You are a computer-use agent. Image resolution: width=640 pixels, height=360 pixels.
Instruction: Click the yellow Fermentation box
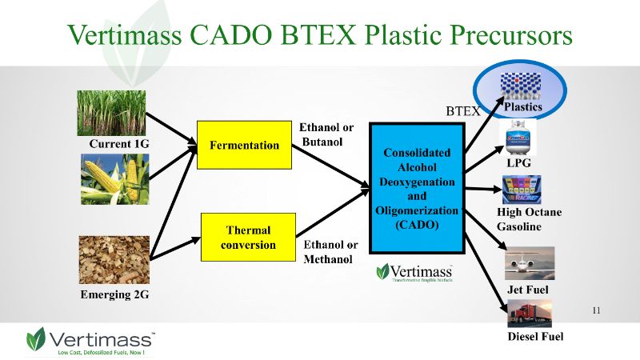244,145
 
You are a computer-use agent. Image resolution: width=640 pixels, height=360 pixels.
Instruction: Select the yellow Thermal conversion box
244,237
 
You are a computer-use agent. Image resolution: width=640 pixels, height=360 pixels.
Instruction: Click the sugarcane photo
113,112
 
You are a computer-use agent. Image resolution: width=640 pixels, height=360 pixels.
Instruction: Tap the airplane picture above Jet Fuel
529,263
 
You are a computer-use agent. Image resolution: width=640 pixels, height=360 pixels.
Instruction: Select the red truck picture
529,312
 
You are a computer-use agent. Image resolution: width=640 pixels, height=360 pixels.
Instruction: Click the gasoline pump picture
521,190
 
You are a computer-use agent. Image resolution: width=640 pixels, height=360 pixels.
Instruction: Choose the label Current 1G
119,144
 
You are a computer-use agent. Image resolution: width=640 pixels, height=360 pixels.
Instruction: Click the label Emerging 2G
115,294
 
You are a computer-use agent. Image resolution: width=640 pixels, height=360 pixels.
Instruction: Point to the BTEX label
462,112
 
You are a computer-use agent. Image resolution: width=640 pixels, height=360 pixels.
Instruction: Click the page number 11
596,310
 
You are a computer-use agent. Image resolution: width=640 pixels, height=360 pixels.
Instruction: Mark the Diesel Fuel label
535,336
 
